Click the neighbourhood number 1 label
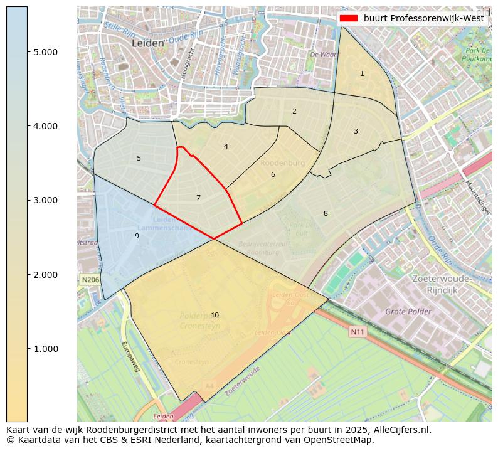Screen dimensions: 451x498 pos(362,74)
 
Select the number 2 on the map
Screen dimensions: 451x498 pos(294,112)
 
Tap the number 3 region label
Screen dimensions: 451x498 pos(356,132)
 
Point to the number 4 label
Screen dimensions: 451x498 pos(226,147)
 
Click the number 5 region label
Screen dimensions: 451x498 pos(139,159)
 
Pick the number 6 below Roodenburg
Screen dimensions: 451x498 pos(273,175)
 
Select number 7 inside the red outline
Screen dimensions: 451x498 pos(198,198)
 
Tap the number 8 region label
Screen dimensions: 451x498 pos(326,214)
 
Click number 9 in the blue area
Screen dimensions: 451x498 pos(137,236)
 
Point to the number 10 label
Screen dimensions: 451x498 pos(215,315)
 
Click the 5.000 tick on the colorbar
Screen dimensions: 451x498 pos(45,52)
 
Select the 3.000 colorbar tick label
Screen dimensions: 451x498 pos(45,201)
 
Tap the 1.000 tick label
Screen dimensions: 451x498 pos(45,349)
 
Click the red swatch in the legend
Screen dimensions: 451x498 pos(348,18)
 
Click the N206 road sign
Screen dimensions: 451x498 pos(90,279)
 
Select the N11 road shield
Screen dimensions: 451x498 pos(357,332)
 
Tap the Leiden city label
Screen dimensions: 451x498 pos(148,43)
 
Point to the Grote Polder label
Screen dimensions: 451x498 pos(408,312)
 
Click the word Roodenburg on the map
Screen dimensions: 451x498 pos(282,163)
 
